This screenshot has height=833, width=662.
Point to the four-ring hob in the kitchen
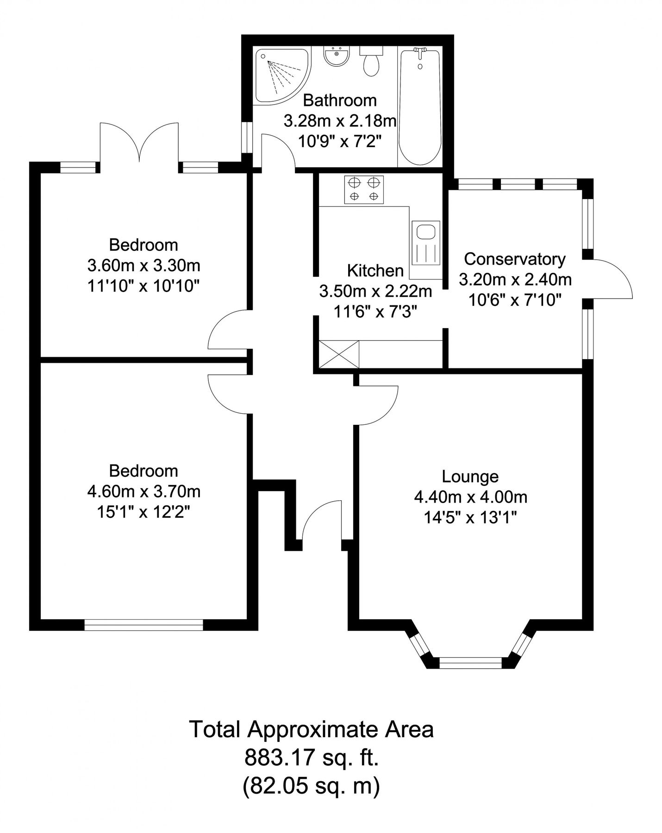(364, 189)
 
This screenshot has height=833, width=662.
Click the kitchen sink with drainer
(425, 242)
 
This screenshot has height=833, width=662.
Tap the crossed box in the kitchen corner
(339, 354)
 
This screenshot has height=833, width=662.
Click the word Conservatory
(515, 259)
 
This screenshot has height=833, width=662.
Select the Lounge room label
(470, 476)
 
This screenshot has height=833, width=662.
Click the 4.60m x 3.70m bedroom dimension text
(144, 491)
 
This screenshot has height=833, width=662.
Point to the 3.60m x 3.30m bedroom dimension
(144, 266)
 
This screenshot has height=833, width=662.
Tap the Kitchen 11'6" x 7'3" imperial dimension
(375, 312)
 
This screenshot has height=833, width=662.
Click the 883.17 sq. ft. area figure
(312, 758)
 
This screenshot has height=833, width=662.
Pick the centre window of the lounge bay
(470, 663)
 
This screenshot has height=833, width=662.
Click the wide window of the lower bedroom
(144, 626)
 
